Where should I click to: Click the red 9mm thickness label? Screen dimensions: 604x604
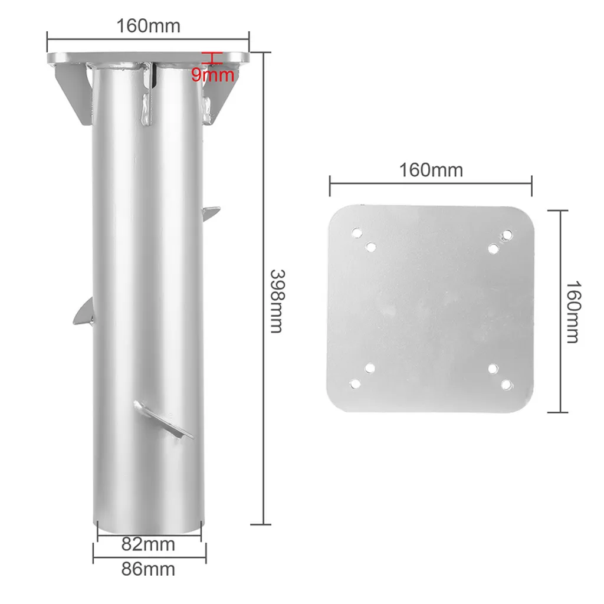click(213, 75)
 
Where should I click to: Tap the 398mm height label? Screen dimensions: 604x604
click(277, 301)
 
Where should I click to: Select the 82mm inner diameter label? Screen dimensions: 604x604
click(148, 544)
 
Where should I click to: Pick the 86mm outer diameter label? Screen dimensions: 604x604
click(148, 569)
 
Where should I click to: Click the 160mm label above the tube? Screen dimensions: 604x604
click(148, 26)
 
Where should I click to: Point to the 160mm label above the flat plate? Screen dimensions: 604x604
click(431, 170)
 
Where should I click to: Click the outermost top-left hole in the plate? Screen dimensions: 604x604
click(357, 232)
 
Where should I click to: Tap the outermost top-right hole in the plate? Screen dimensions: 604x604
click(507, 234)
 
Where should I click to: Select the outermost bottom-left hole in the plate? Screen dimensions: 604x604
click(354, 383)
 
